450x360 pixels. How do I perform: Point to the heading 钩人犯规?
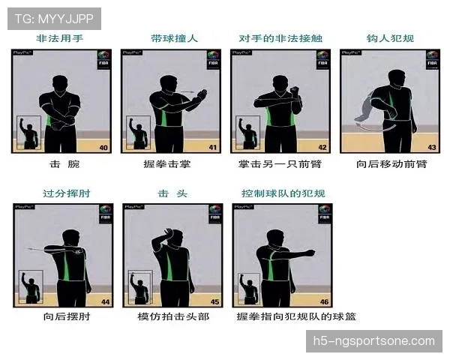390,38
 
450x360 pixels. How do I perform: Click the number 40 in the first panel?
104,148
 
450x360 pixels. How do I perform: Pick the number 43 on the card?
431,148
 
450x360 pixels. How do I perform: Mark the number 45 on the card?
214,302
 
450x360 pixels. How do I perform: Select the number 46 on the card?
324,302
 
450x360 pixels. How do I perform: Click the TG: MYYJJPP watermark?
53,17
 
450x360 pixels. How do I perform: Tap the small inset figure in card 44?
30,287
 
